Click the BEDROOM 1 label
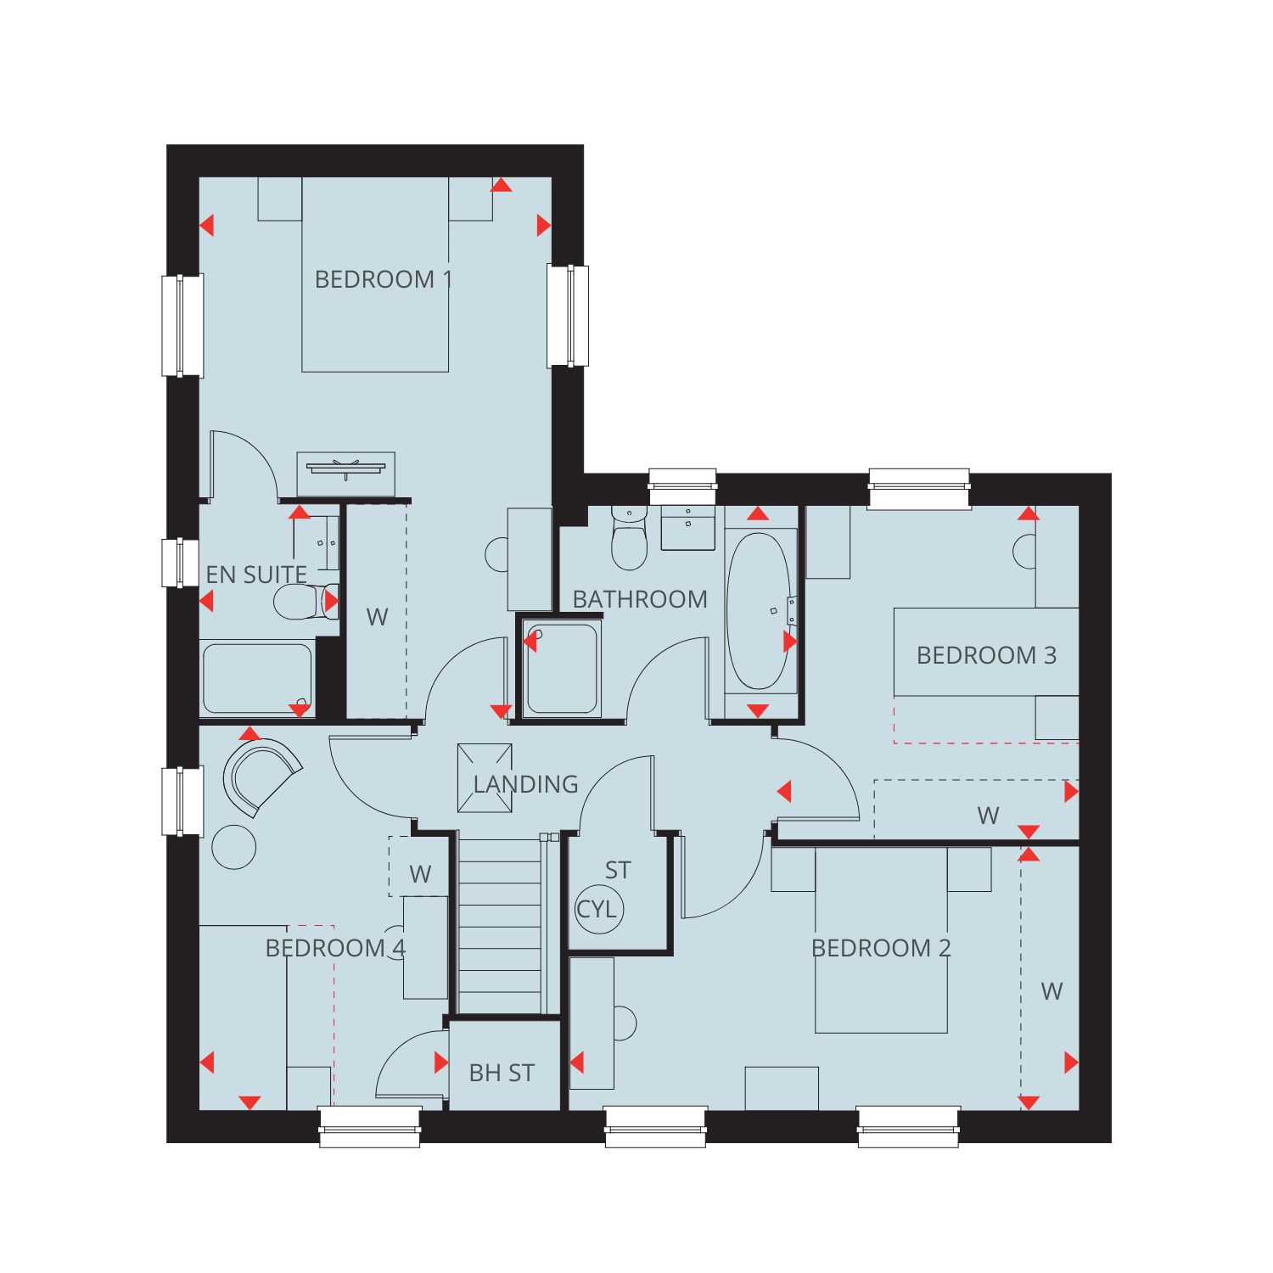tap(384, 279)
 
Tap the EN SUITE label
tap(256, 575)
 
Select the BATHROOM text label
tap(640, 599)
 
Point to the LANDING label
tap(525, 784)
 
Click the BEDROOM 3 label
tap(986, 655)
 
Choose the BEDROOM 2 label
tap(881, 948)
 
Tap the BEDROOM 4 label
tap(336, 948)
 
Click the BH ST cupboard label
tap(502, 1073)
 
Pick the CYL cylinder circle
tap(599, 909)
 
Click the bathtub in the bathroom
tap(760, 612)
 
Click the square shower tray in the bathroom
tap(562, 669)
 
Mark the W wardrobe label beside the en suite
tap(377, 617)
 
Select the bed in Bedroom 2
tap(881, 940)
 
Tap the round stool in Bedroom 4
tap(234, 846)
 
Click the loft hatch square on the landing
tap(485, 778)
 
